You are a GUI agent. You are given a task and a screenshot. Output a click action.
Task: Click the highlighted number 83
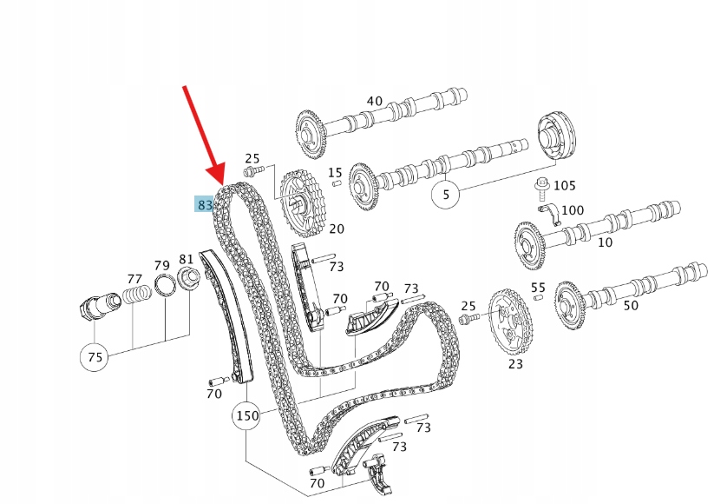click(x=204, y=204)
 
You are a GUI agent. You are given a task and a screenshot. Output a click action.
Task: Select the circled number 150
click(x=246, y=415)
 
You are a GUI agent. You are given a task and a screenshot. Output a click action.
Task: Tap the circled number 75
click(x=95, y=356)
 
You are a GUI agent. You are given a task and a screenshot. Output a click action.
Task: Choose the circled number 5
click(x=446, y=195)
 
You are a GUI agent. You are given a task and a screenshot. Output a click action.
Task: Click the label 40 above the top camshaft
click(x=375, y=101)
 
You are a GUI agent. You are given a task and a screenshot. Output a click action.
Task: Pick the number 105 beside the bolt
click(x=565, y=186)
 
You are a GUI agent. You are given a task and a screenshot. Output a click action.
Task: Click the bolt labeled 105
click(x=542, y=189)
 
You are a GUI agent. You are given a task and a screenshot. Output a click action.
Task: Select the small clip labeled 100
click(x=549, y=214)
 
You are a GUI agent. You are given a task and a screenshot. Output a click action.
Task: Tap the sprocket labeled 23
click(x=510, y=322)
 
